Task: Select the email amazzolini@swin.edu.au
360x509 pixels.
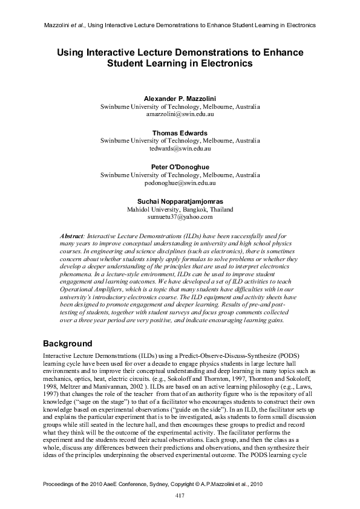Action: point(180,113)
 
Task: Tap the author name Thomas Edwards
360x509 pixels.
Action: point(180,133)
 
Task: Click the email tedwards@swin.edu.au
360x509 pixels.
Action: point(180,148)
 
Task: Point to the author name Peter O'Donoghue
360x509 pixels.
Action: point(180,167)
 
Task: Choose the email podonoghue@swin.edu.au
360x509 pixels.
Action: point(180,182)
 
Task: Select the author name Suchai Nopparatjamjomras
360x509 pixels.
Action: point(180,201)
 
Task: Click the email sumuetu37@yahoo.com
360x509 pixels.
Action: point(180,216)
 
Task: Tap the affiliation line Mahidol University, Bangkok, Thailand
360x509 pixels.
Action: point(180,209)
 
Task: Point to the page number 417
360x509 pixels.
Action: point(180,496)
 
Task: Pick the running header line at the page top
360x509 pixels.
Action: point(180,25)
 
